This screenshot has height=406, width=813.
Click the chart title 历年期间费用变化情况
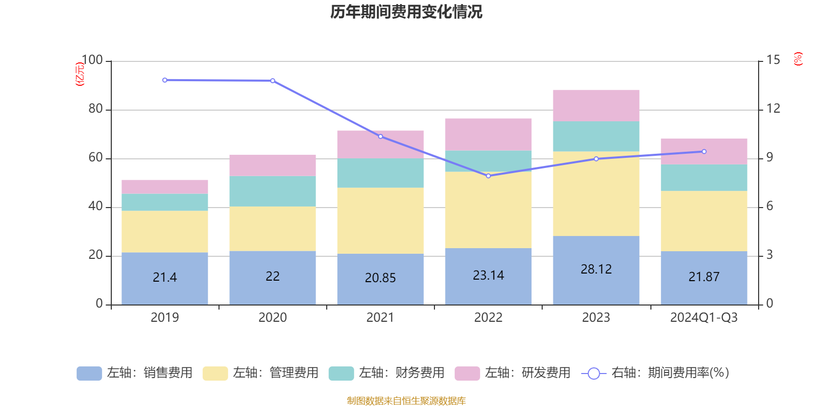(406, 12)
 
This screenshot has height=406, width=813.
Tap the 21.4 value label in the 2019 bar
(165, 277)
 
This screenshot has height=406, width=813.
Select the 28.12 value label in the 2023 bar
(596, 269)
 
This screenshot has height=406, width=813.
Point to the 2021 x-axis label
(380, 318)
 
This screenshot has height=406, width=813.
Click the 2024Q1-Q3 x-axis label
(704, 318)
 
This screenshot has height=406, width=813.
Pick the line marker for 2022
(488, 176)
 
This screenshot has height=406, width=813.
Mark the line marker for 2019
(165, 80)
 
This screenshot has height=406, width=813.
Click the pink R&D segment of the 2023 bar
(596, 106)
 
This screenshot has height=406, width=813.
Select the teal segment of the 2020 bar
(272, 191)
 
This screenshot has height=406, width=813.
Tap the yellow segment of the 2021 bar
(380, 221)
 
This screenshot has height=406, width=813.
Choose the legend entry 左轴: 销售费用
(135, 373)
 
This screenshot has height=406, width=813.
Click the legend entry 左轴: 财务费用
(387, 373)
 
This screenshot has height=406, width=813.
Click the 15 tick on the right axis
(773, 60)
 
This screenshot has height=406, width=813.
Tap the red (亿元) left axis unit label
(80, 74)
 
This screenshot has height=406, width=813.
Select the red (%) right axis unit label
(798, 59)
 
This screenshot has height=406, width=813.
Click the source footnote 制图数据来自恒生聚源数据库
(406, 401)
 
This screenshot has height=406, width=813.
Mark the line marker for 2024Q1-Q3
(704, 152)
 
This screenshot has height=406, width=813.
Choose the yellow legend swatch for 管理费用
(215, 374)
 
